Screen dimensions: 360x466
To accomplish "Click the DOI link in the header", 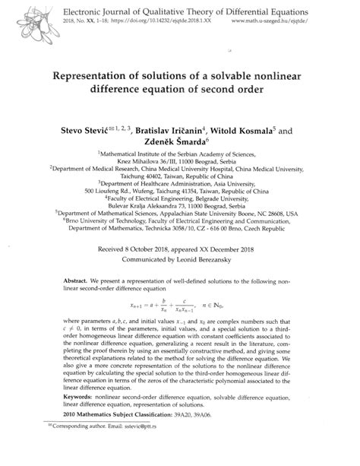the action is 134,24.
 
